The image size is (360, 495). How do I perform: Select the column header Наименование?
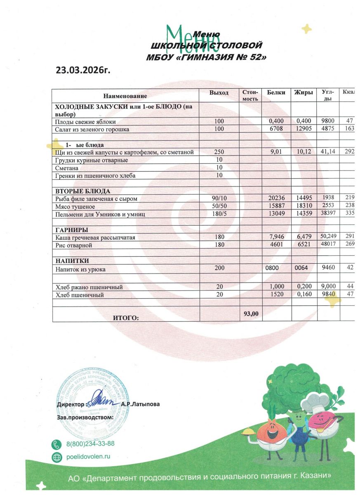click(x=125, y=96)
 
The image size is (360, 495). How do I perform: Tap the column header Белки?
click(x=276, y=92)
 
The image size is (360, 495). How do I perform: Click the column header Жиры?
click(x=303, y=92)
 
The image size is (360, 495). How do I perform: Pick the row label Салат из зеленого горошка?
click(x=92, y=130)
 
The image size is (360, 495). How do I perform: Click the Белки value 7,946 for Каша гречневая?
click(x=276, y=238)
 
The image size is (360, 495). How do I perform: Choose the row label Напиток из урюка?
click(x=81, y=269)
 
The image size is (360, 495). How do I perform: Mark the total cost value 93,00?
click(x=251, y=314)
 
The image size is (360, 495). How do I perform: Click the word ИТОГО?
click(x=126, y=318)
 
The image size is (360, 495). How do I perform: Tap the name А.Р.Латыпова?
click(x=141, y=404)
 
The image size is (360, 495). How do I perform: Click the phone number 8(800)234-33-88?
click(x=90, y=444)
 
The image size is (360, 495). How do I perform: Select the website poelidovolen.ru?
click(x=88, y=457)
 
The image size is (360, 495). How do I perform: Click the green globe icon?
click(x=56, y=457)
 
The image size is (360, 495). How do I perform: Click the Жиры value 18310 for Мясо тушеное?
click(x=303, y=206)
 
